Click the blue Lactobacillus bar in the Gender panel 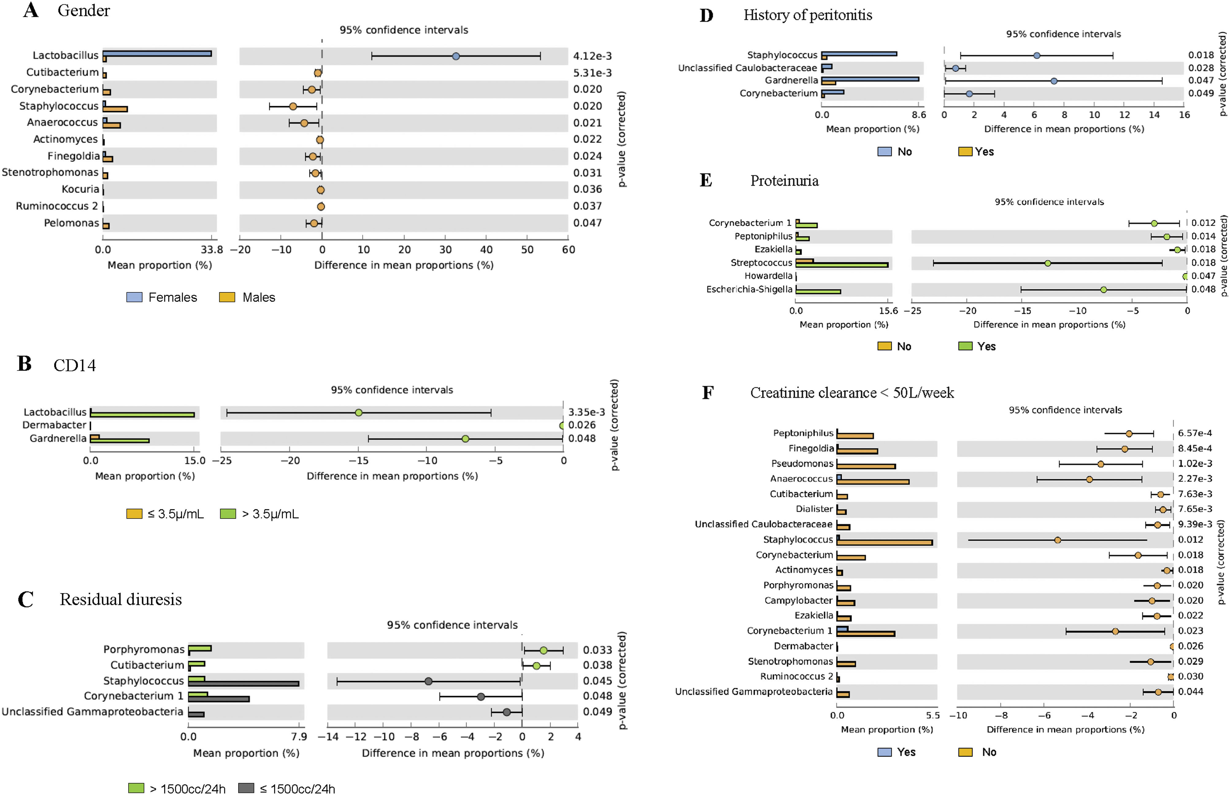click(157, 53)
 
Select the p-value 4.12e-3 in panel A click(592, 56)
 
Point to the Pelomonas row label click(71, 223)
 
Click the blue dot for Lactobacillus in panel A click(455, 56)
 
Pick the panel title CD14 click(75, 366)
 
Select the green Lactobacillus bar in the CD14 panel click(142, 415)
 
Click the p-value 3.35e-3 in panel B click(586, 412)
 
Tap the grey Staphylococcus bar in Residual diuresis click(243, 683)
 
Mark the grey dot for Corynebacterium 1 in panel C click(481, 696)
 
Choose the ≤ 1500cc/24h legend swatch click(246, 788)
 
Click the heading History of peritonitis click(807, 16)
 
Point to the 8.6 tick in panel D click(918, 115)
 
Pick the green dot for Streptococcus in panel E click(1047, 263)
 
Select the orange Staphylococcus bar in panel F click(884, 542)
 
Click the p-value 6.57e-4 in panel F click(1195, 433)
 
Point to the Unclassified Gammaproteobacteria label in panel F click(754, 692)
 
